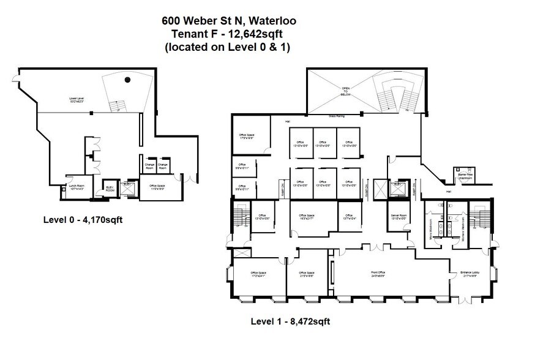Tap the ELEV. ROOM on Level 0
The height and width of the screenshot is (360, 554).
coord(111,189)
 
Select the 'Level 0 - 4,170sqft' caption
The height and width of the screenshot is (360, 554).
coord(83,219)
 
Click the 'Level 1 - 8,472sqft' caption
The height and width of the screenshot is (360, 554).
coord(291,321)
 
